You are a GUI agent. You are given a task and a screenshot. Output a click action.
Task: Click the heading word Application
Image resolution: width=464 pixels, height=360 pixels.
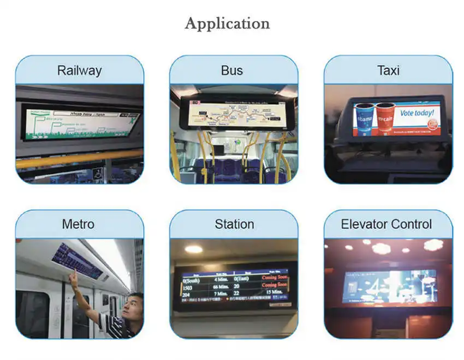pos(227,23)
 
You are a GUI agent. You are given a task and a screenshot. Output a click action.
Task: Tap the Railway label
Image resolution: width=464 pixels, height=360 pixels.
pos(80,70)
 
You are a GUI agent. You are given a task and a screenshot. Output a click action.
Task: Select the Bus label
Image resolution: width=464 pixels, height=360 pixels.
pos(232,70)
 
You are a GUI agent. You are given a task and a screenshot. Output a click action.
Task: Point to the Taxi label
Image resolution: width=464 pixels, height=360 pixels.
pos(388,70)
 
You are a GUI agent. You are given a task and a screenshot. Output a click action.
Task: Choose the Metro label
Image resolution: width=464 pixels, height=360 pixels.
pos(78,224)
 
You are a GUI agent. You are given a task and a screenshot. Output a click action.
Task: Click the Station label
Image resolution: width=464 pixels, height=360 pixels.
pos(234,224)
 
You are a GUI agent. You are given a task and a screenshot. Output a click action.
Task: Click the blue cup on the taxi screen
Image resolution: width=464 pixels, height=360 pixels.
pos(365,119)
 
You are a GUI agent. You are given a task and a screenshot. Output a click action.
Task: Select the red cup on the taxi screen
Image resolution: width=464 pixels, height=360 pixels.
pos(385,119)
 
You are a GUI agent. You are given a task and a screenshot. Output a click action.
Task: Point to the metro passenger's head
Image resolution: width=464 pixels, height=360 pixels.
pos(132,305)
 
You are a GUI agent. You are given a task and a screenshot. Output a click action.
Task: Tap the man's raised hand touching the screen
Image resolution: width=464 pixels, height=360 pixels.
pos(72,276)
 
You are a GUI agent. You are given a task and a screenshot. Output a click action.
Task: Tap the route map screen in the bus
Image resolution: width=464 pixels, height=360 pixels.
pos(234,114)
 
